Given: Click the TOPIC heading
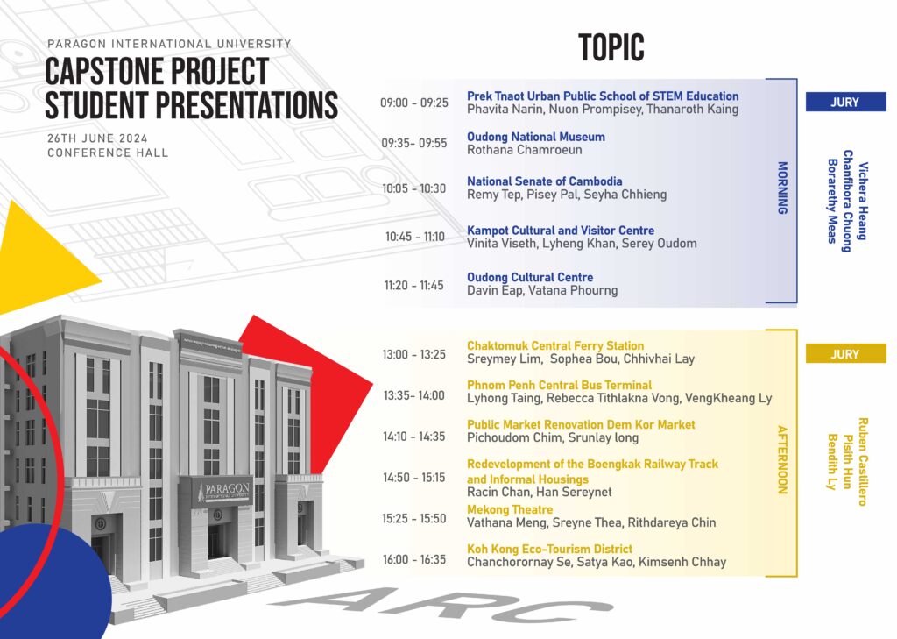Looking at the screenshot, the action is pyautogui.click(x=611, y=47).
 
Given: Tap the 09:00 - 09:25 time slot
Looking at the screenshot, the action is pyautogui.click(x=414, y=103).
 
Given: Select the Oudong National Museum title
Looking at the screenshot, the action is pyautogui.click(x=535, y=137).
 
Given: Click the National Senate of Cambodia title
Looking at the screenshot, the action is pyautogui.click(x=544, y=181).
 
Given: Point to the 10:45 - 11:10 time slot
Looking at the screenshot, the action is pyautogui.click(x=414, y=237).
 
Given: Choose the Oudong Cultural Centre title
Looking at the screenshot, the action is pyautogui.click(x=530, y=277).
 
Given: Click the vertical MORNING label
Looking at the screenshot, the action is pyautogui.click(x=782, y=188).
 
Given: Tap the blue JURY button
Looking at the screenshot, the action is pyautogui.click(x=845, y=102).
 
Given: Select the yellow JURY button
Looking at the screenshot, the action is pyautogui.click(x=845, y=354).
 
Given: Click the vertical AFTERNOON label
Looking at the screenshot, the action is pyautogui.click(x=782, y=459).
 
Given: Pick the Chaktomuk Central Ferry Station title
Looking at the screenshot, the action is pyautogui.click(x=554, y=346).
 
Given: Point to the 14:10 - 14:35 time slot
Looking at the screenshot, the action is pyautogui.click(x=414, y=437).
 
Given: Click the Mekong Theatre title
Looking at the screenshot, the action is pyautogui.click(x=510, y=509).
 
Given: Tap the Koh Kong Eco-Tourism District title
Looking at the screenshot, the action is pyautogui.click(x=549, y=549).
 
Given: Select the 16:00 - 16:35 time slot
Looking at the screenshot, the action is pyautogui.click(x=414, y=559).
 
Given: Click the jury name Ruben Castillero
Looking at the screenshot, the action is pyautogui.click(x=863, y=461).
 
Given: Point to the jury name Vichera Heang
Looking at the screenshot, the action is pyautogui.click(x=863, y=201).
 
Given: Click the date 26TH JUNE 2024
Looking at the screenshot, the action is pyautogui.click(x=97, y=138).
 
